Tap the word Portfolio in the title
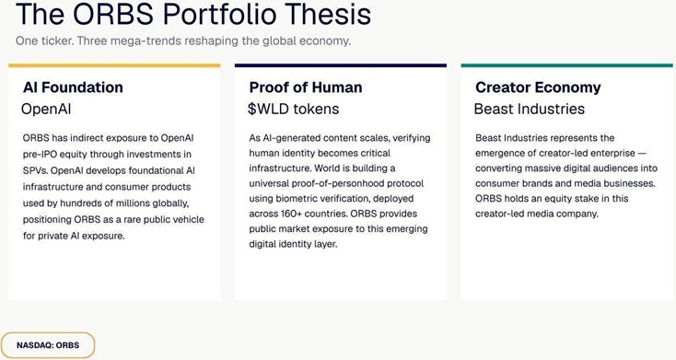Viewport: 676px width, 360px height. [x=220, y=14]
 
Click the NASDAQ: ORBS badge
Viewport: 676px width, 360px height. [x=48, y=345]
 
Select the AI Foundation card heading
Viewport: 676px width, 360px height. [x=73, y=87]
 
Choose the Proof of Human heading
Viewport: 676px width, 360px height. [x=306, y=87]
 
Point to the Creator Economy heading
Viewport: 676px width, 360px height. [x=538, y=87]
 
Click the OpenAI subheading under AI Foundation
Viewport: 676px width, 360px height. [x=46, y=109]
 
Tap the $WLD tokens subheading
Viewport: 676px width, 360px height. [x=293, y=109]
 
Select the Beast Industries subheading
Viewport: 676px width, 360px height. [x=530, y=109]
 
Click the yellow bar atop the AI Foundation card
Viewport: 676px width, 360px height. [x=114, y=65]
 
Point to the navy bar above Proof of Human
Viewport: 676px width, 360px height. [x=341, y=65]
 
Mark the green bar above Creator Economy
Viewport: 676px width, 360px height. [x=567, y=65]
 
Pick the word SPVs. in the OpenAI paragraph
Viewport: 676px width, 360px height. [x=35, y=170]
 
